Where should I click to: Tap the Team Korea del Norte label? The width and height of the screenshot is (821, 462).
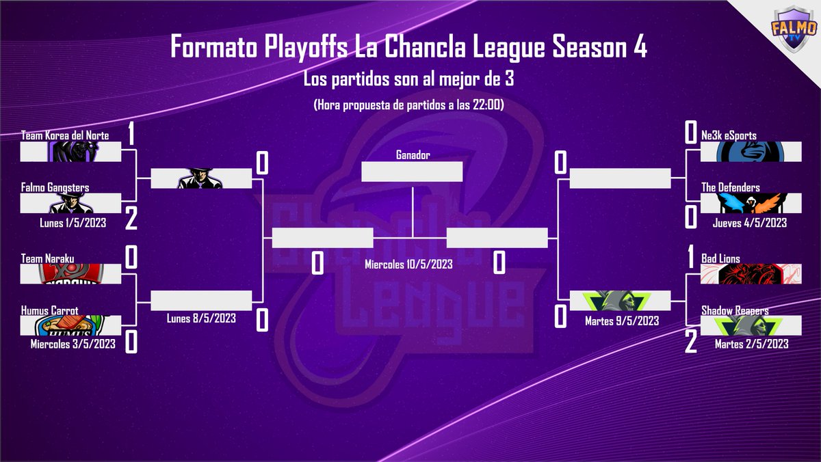[x=65, y=135]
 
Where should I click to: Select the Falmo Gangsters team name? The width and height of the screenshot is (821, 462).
[x=55, y=187]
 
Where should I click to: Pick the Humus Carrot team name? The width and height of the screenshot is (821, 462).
[x=49, y=310]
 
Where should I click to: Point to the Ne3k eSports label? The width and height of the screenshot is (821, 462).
[x=729, y=135]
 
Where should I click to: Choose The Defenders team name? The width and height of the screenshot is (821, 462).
[x=731, y=187]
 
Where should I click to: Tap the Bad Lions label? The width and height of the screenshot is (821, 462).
[x=720, y=259]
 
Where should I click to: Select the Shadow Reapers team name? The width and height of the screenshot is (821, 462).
[x=734, y=310]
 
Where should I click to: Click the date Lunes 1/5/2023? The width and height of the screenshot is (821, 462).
[x=73, y=222]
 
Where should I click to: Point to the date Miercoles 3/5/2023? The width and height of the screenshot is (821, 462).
[x=73, y=344]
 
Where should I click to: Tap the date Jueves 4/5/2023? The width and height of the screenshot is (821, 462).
[x=750, y=222]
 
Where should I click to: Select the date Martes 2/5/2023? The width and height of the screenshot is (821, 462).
[x=751, y=344]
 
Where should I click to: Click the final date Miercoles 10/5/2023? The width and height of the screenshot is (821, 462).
[x=408, y=263]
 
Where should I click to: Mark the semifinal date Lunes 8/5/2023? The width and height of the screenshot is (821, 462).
[x=201, y=318]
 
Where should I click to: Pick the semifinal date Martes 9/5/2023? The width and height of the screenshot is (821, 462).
[x=622, y=320]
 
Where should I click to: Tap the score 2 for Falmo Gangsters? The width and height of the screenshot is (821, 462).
[x=131, y=219]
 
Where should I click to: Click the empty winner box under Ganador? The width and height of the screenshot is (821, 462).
[x=412, y=172]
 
